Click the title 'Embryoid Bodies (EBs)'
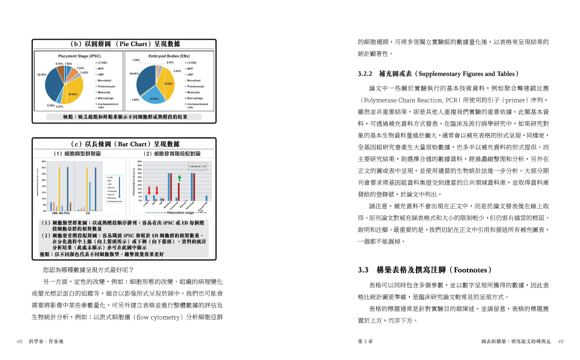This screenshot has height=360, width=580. pos(169,56)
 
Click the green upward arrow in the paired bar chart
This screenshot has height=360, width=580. pos(179,178)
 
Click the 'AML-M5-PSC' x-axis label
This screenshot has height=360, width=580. pos(61,213)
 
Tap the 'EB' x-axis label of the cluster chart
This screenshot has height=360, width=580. pos(87,213)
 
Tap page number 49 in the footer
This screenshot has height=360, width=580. pos(560,342)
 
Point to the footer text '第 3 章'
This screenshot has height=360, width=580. pos(365,342)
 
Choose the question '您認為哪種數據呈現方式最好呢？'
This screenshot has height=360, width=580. pos(88,270)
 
